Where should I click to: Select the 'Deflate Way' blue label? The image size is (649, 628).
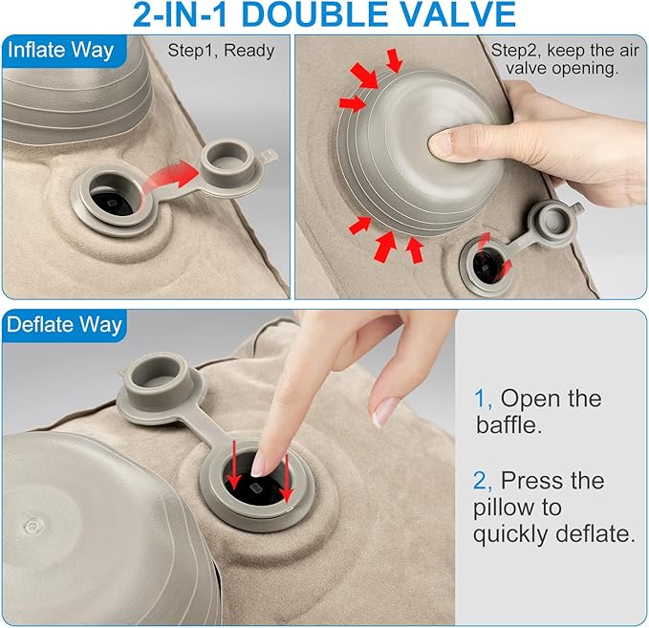(64, 325)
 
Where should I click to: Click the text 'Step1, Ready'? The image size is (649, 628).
(221, 51)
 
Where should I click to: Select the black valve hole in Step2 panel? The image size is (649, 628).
(486, 264)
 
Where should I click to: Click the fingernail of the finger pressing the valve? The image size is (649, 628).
(261, 464)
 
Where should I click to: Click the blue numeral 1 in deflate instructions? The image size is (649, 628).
(480, 399)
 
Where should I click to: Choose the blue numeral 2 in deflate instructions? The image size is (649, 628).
(481, 481)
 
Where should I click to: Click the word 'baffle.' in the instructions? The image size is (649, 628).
(508, 424)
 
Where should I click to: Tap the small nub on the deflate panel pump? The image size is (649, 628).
(32, 527)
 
